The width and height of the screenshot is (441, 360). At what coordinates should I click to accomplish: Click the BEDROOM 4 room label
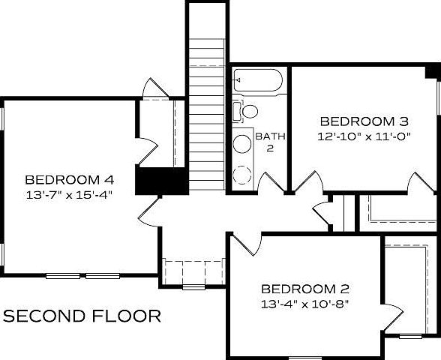tap(69, 180)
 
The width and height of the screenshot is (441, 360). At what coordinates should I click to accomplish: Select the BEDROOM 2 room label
tap(305, 289)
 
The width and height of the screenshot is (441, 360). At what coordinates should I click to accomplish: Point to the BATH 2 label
tap(268, 142)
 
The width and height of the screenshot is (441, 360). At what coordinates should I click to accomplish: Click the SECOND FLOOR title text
tap(82, 316)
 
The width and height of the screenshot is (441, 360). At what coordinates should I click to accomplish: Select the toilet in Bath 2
tap(247, 112)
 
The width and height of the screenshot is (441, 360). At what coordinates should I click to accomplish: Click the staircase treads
tap(206, 112)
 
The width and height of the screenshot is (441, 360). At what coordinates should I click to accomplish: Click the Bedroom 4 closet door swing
tap(148, 150)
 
